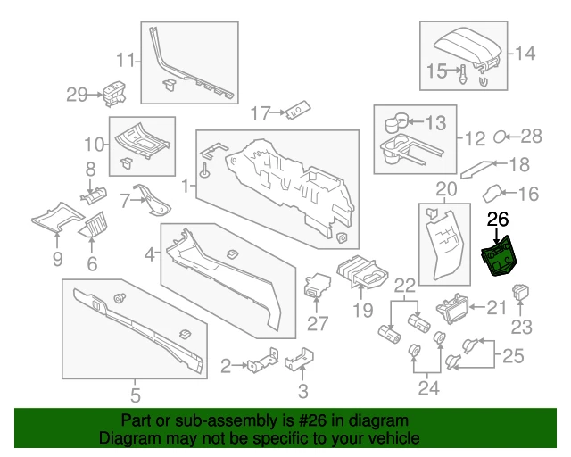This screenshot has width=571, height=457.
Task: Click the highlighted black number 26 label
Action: click(x=498, y=218)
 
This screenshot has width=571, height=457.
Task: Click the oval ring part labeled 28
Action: click(x=501, y=137)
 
